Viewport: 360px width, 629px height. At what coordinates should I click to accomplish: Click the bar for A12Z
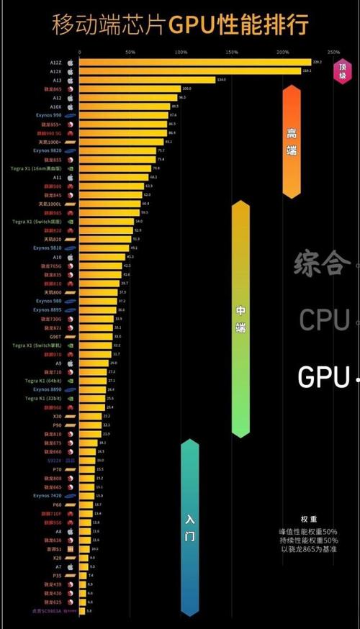point(194,63)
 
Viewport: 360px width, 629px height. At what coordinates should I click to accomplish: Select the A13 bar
point(147,80)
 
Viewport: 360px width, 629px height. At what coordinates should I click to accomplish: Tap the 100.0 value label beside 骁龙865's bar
point(186,89)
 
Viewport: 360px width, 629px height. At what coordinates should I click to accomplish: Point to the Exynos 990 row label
point(48,115)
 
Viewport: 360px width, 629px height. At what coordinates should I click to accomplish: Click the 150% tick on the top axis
point(232,53)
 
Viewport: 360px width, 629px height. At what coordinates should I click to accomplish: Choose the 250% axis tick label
point(333,53)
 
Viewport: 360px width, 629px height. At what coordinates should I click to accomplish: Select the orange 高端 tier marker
point(292,141)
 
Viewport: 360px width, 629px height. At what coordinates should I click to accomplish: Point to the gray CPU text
point(325,319)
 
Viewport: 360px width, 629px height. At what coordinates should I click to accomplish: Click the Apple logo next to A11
point(71,176)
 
